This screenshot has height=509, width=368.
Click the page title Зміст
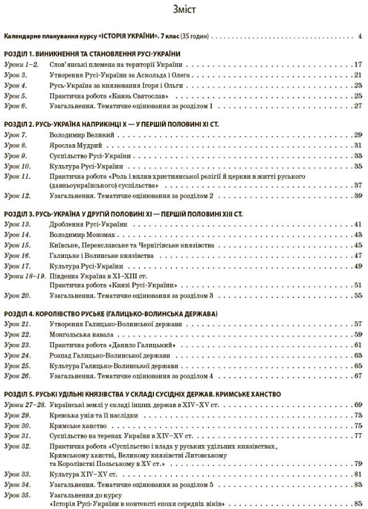coord(183,10)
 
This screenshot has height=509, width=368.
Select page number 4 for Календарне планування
coord(360,37)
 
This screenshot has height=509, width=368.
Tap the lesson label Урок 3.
coord(15,75)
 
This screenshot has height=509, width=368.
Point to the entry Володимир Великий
coord(82,135)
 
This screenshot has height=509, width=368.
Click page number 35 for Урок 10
coord(358,166)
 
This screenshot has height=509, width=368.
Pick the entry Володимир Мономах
coord(82,235)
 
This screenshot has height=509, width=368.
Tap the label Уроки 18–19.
coord(24,275)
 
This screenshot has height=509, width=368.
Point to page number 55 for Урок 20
coord(358,296)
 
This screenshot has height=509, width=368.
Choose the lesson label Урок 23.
coord(17,345)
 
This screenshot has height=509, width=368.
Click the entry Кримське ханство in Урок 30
coord(78,426)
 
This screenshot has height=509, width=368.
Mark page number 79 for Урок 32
coord(358,464)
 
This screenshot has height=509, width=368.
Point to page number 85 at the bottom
coord(358,504)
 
